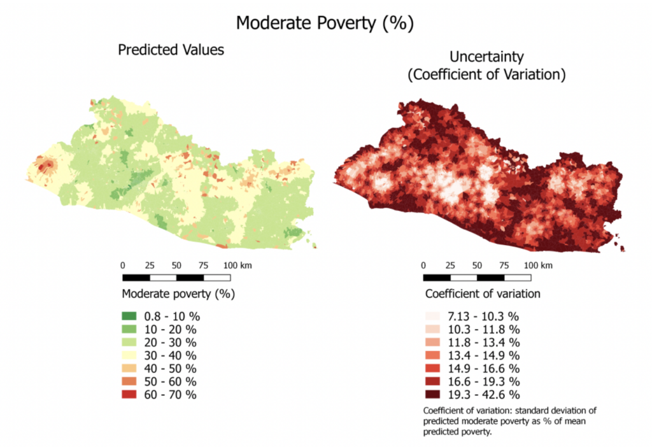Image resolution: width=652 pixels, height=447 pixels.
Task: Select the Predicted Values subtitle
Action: click(x=171, y=50)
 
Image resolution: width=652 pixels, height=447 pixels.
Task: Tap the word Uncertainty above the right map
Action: click(x=486, y=56)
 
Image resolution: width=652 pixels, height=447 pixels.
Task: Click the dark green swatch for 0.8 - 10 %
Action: click(x=129, y=316)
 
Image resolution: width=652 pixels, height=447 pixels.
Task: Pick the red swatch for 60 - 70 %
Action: click(x=129, y=395)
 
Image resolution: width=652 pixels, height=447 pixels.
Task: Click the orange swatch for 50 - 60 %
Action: click(x=129, y=381)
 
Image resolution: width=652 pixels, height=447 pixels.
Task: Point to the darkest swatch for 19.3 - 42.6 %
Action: click(x=432, y=395)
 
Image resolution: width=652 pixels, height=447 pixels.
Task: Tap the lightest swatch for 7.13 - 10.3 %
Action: click(x=432, y=316)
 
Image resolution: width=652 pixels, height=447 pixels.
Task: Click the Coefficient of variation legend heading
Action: click(x=483, y=294)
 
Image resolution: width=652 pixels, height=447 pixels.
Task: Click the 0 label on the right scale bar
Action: click(x=423, y=265)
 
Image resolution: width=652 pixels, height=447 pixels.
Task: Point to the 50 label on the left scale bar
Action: click(x=176, y=265)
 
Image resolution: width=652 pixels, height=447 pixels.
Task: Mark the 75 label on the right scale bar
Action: click(x=504, y=265)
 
